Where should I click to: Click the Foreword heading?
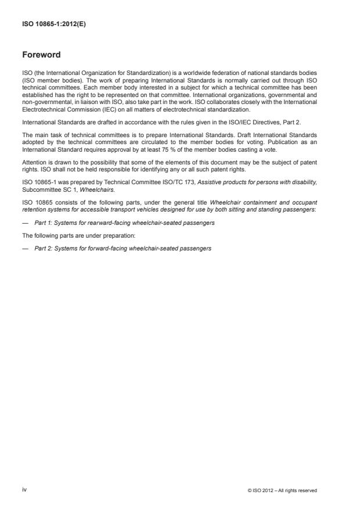[41, 56]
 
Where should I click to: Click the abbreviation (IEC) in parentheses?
[107, 109]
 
